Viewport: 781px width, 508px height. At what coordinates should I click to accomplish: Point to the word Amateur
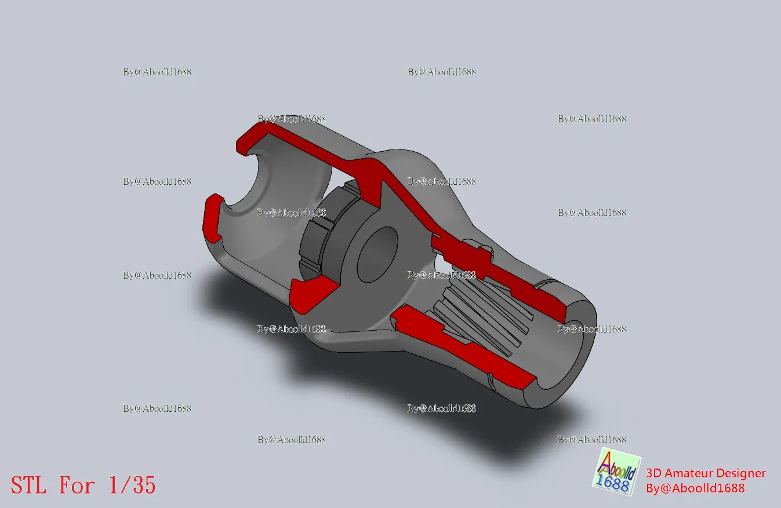pos(689,473)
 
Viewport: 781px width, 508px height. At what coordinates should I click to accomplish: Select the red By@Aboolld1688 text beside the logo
pos(695,488)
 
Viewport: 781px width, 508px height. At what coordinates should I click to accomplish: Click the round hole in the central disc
pos(376,255)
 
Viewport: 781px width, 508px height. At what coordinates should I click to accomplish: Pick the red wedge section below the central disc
pos(313,293)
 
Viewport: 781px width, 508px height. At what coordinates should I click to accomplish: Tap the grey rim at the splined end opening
pos(583,353)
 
